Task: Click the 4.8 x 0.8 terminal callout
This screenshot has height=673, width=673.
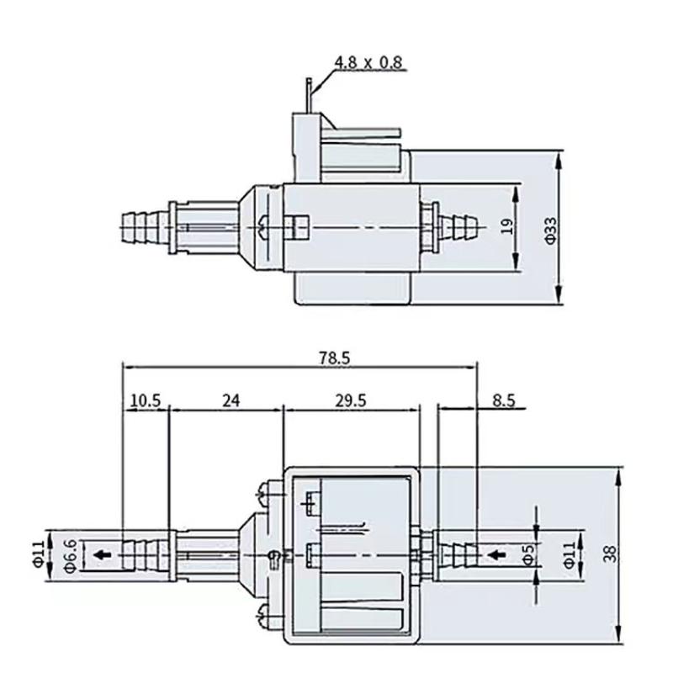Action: click(368, 62)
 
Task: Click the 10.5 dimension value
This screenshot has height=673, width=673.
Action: click(146, 401)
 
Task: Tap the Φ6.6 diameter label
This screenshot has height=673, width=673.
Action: click(72, 555)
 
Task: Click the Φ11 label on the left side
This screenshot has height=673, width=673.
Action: click(38, 554)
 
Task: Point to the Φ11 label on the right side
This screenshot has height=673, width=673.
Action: click(570, 554)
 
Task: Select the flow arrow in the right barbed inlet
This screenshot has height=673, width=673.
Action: click(496, 554)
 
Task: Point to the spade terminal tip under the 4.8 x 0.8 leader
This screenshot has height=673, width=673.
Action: click(310, 84)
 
